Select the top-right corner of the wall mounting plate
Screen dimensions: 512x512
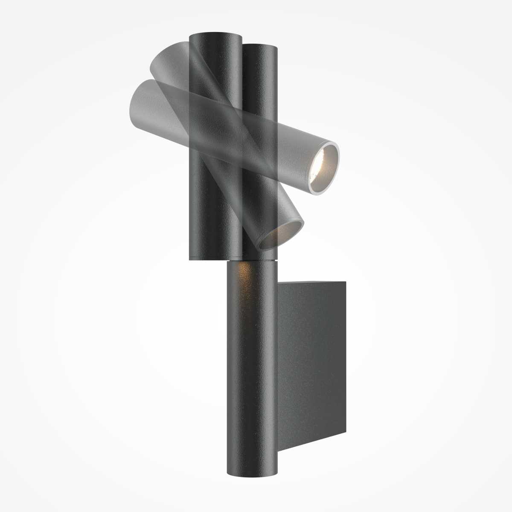(345, 282)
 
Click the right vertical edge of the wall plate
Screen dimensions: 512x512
(345, 358)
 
